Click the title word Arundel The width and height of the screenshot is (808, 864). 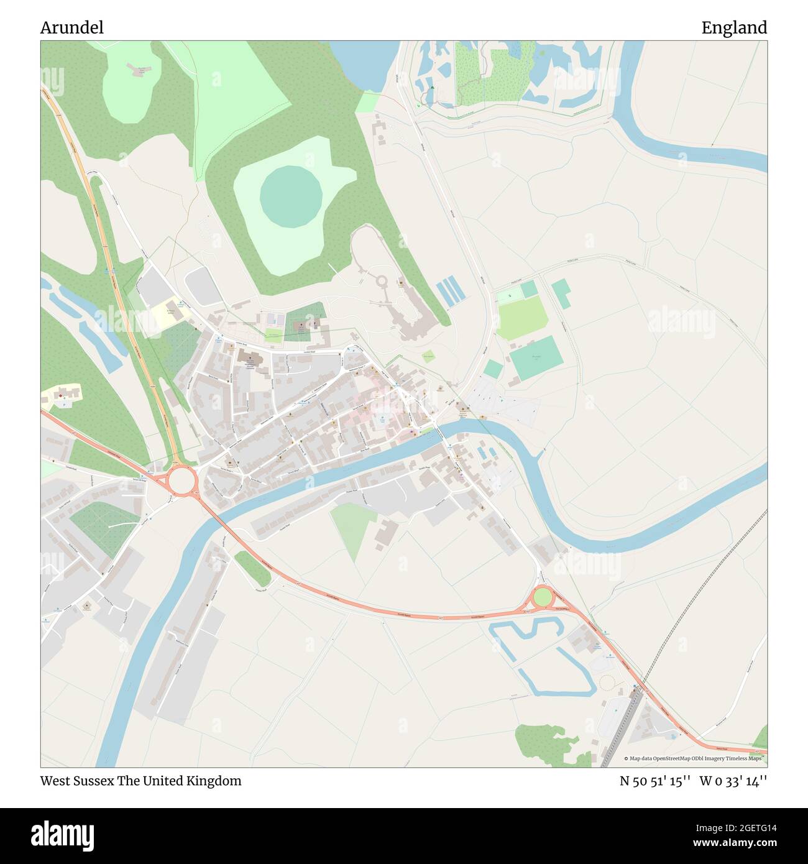pos(71,28)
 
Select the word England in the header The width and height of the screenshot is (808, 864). pos(734,28)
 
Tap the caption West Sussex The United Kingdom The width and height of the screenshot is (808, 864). pos(141,781)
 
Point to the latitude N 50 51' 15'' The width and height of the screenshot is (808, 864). pos(655,781)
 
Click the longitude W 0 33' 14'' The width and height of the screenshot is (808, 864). pos(733,781)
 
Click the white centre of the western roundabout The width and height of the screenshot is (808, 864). pos(180,480)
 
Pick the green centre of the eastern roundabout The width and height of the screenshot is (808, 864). pos(543,597)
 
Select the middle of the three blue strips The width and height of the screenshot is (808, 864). pos(448,292)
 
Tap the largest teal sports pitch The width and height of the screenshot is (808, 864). pos(537,358)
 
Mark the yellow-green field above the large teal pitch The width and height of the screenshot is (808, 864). pos(522,318)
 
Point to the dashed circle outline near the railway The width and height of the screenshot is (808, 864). pos(606,683)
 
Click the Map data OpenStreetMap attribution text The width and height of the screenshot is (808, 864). pos(695,758)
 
